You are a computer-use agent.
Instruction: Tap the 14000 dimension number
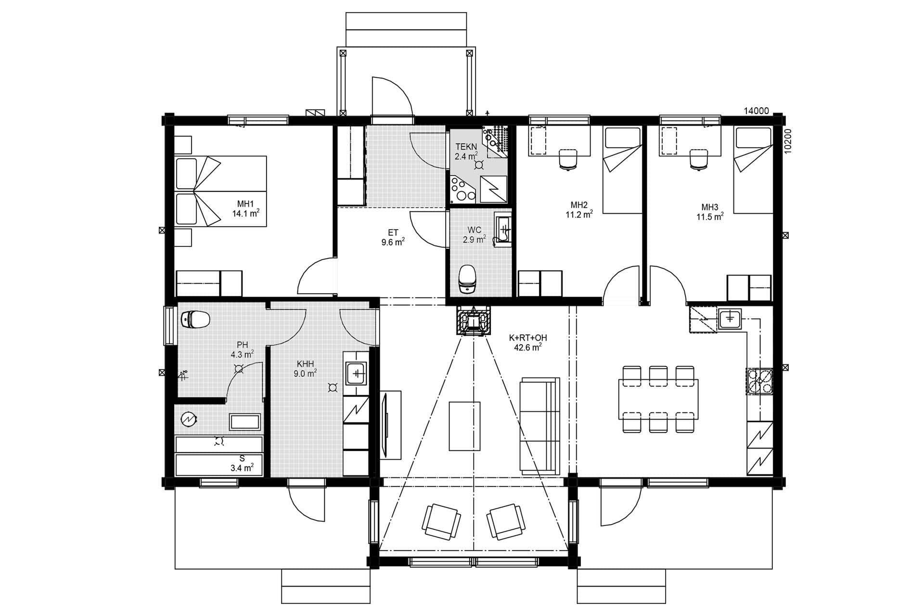tap(756, 111)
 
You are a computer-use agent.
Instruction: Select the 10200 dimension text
tap(788, 141)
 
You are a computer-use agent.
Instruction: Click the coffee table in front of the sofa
tap(464, 425)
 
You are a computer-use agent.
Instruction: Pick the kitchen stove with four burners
tap(759, 381)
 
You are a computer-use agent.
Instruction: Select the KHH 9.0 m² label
tap(305, 368)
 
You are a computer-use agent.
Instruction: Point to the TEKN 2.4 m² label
tap(466, 151)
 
